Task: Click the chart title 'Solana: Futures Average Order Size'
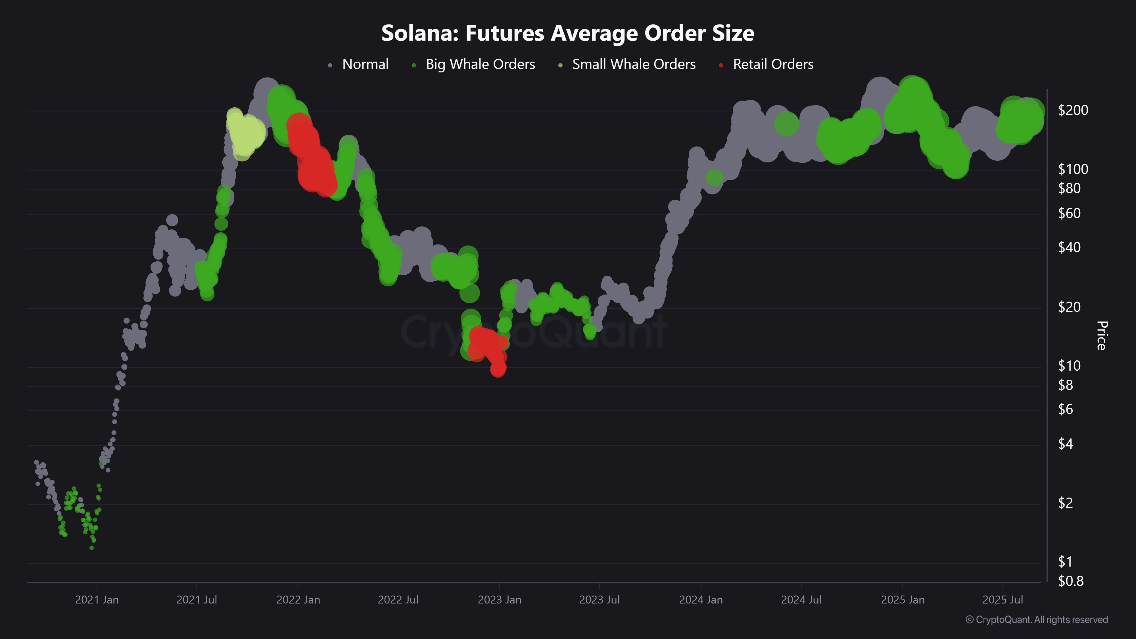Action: pyautogui.click(x=567, y=33)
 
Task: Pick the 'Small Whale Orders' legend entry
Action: pyautogui.click(x=633, y=64)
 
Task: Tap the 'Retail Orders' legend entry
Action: pyautogui.click(x=772, y=64)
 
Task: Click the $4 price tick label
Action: pyautogui.click(x=1066, y=444)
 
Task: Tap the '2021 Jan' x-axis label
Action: pyautogui.click(x=97, y=600)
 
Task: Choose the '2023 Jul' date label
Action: pyautogui.click(x=599, y=600)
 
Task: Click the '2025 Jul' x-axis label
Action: pyautogui.click(x=1003, y=600)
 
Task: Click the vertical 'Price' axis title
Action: pyautogui.click(x=1101, y=336)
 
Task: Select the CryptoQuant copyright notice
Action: pyautogui.click(x=1036, y=620)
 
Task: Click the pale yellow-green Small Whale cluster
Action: pyautogui.click(x=245, y=131)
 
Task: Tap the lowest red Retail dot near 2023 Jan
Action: pyautogui.click(x=498, y=368)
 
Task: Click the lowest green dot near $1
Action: pyautogui.click(x=91, y=548)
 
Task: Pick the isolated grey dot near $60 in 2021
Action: pyautogui.click(x=172, y=220)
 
